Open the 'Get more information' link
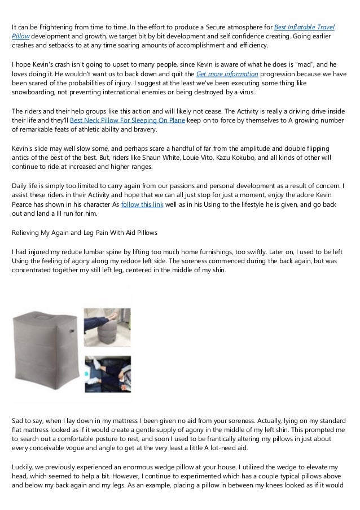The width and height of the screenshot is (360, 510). [x=227, y=74]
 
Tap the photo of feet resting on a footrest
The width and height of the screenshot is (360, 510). [x=107, y=325]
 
